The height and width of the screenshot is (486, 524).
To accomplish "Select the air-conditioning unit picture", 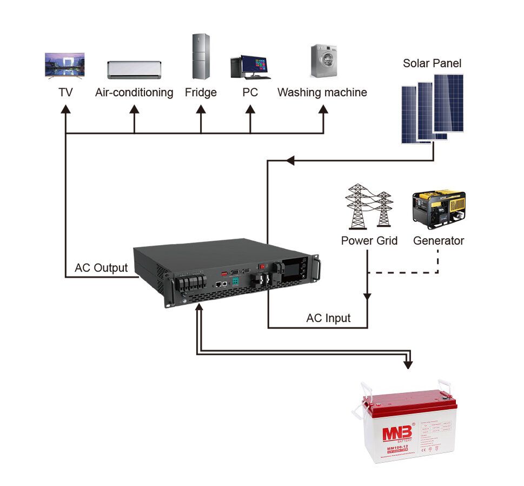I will (x=134, y=69).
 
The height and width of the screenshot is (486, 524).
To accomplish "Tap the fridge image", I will (x=201, y=56).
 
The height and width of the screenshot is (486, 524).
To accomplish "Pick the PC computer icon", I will (x=249, y=67).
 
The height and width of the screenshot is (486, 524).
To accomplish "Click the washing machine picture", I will (x=323, y=61).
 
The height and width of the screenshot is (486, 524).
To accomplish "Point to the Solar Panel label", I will (x=432, y=63).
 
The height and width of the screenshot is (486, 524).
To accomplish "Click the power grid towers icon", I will (x=369, y=206).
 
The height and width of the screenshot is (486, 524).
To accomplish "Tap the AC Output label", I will (x=101, y=268).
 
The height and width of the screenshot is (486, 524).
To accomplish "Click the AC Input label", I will (x=328, y=318).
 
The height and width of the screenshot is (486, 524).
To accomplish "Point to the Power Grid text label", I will (x=369, y=241).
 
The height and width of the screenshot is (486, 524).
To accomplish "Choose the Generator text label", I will (x=439, y=241).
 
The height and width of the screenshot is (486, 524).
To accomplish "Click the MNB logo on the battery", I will (x=398, y=432).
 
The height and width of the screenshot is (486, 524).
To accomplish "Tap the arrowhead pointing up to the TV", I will (x=65, y=109).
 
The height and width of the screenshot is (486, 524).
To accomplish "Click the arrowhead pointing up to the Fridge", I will (x=201, y=109).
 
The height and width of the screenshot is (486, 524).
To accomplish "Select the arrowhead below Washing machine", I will (x=323, y=109).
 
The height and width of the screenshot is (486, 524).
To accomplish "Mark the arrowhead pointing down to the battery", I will (x=408, y=364).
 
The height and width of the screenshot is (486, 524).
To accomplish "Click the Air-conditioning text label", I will (x=134, y=93).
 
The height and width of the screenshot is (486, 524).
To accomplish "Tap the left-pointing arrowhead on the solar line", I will (x=290, y=161).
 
